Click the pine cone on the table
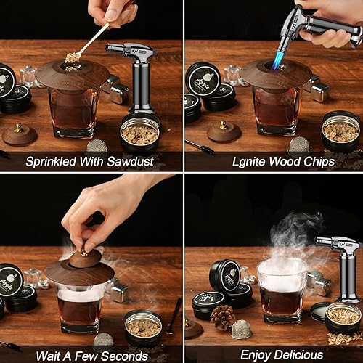(222, 317)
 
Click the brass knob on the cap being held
(83, 252)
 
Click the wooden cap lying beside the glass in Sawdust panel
(19, 134)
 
